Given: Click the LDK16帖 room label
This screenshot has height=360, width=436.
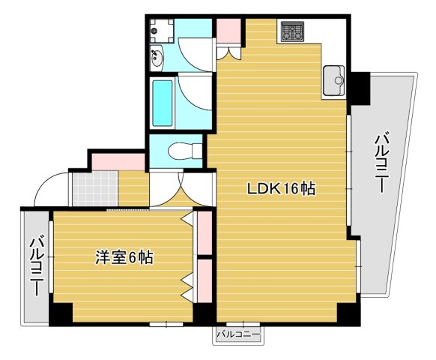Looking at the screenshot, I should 281,189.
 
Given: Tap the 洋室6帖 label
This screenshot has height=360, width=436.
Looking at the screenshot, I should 124,258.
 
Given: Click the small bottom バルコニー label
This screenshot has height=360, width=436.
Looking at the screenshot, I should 238,334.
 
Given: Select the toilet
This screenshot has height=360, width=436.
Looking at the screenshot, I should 181,151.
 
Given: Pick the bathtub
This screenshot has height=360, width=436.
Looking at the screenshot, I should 163,102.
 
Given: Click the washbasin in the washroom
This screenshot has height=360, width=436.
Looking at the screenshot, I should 158,56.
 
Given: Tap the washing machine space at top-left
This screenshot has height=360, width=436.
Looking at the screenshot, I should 161,29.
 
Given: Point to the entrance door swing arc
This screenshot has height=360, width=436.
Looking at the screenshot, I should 49,188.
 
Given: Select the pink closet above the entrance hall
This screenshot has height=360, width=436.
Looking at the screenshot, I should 118,160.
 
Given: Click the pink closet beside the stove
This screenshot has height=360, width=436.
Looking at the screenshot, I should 229,31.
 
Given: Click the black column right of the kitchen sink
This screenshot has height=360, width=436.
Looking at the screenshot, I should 360,88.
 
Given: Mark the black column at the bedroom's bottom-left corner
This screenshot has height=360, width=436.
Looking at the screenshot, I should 61,313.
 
